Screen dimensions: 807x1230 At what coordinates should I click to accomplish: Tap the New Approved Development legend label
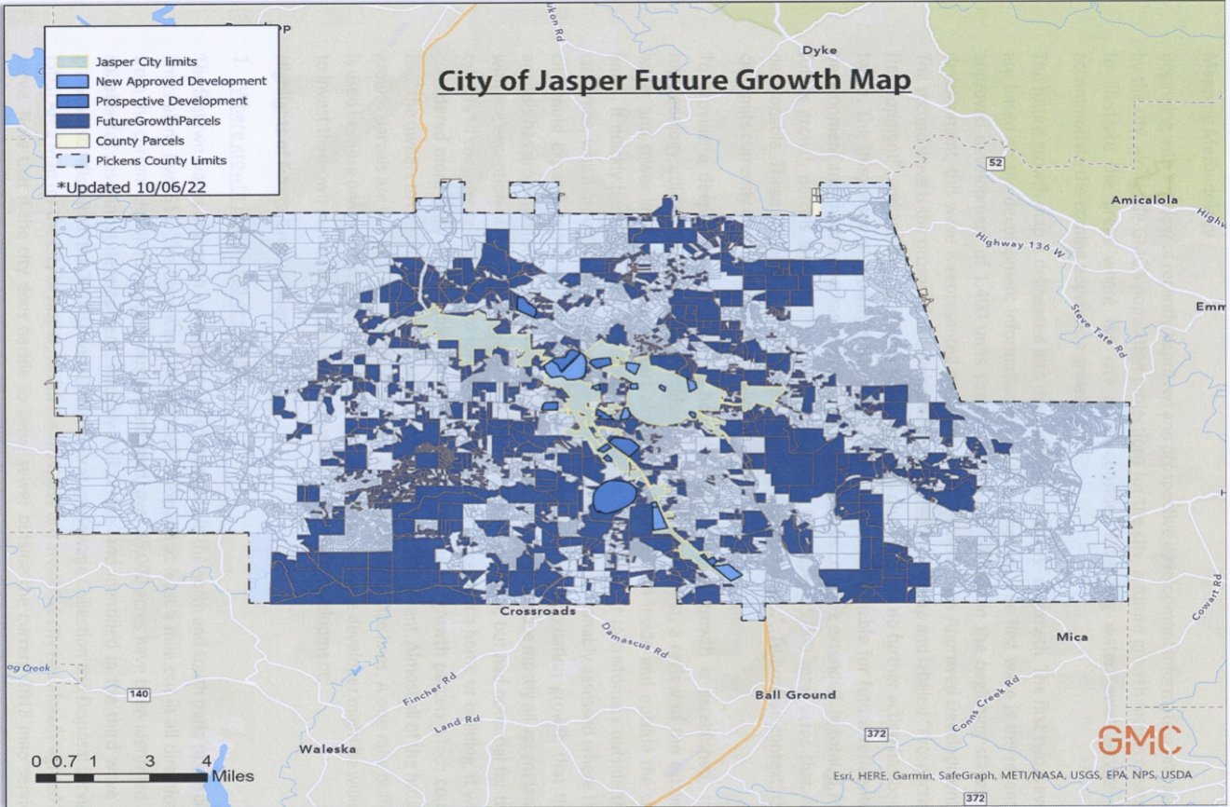[x=181, y=81]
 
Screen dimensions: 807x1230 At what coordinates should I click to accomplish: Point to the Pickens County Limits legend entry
[x=160, y=160]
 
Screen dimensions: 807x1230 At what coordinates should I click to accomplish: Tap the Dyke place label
[x=819, y=50]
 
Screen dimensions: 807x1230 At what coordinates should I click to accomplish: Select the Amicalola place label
[x=1144, y=199]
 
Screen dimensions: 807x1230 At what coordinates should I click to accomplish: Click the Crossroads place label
[x=537, y=612]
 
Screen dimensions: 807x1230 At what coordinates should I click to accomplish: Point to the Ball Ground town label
[x=794, y=694]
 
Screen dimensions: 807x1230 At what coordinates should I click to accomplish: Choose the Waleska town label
[x=327, y=749]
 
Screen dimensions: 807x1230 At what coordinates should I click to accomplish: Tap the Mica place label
[x=1071, y=637]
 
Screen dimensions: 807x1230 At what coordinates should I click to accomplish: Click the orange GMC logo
[x=1139, y=740]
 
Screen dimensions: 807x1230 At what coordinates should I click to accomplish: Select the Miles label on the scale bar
[x=232, y=775]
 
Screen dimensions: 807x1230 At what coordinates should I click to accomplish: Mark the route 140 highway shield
[x=139, y=694]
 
